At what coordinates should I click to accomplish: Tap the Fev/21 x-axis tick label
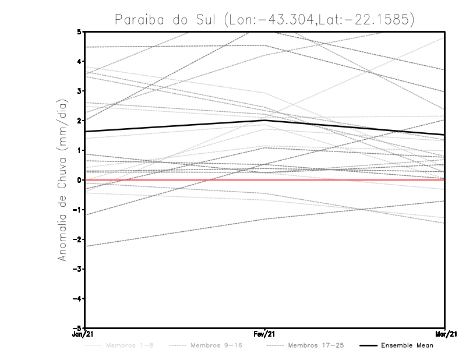pos(265,334)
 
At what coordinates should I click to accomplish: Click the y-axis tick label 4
pos(80,61)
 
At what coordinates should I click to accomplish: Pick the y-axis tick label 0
pos(80,180)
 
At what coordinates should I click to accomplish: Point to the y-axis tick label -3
pos(78,269)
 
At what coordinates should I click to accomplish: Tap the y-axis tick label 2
pos(80,121)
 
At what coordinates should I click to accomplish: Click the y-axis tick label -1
pos(78,210)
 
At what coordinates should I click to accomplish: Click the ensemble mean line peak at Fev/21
pos(265,120)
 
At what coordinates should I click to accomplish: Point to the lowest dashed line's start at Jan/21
pos(86,246)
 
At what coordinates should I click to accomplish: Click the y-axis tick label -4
pos(78,299)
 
